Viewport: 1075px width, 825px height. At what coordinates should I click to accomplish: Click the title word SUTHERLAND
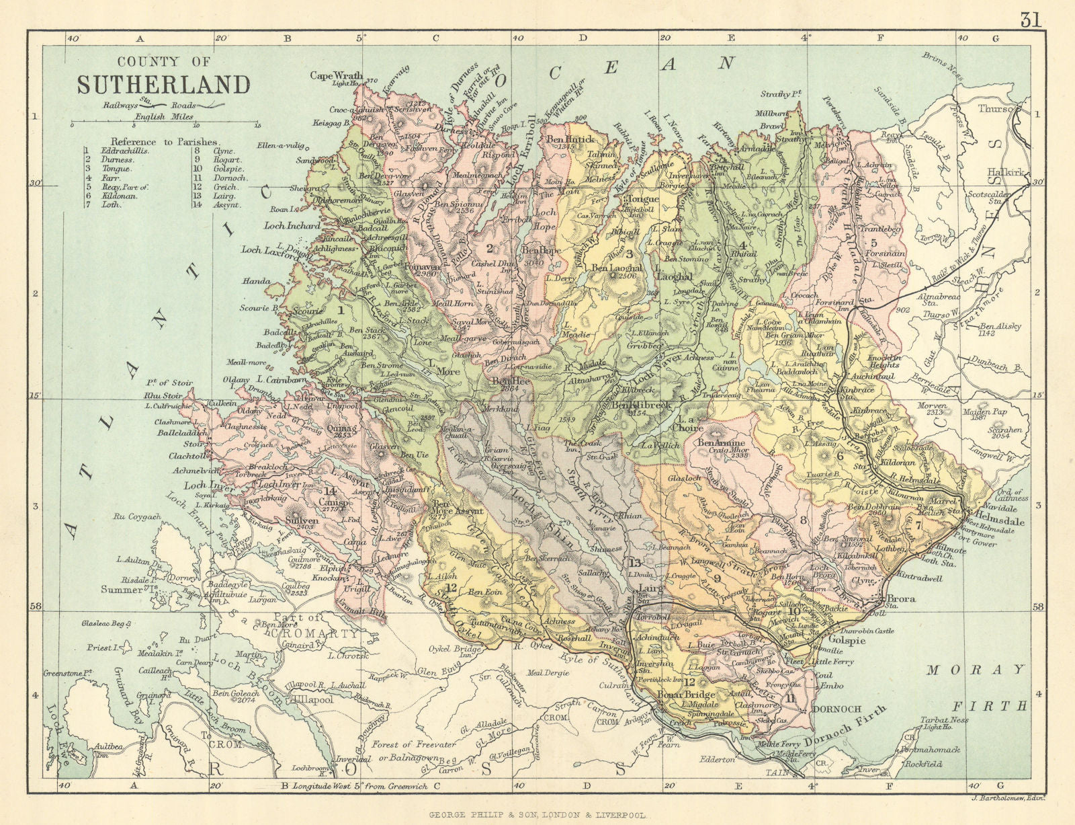(163, 85)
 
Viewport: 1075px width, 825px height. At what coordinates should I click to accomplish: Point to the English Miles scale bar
(165, 124)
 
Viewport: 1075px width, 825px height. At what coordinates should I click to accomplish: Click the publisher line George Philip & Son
(537, 814)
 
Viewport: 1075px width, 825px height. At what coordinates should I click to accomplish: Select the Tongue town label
(643, 199)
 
